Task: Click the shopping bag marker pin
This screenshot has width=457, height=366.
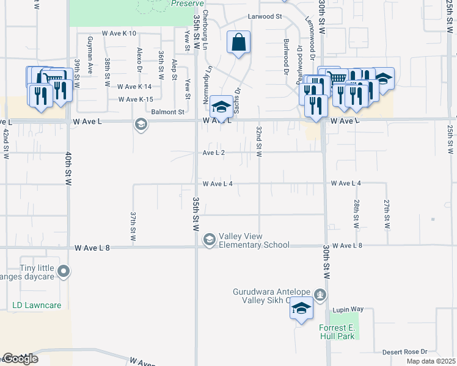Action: (x=239, y=43)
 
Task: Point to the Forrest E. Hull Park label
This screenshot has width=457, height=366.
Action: (x=337, y=332)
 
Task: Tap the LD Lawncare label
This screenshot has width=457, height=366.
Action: (x=37, y=305)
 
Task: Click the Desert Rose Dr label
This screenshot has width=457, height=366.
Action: (x=404, y=352)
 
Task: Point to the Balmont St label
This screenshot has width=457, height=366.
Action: (x=168, y=112)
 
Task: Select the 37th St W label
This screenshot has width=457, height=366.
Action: (x=133, y=226)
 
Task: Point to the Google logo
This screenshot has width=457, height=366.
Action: (x=20, y=359)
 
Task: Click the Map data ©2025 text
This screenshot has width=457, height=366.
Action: (x=431, y=361)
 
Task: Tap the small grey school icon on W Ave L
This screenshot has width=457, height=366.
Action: (x=141, y=124)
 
